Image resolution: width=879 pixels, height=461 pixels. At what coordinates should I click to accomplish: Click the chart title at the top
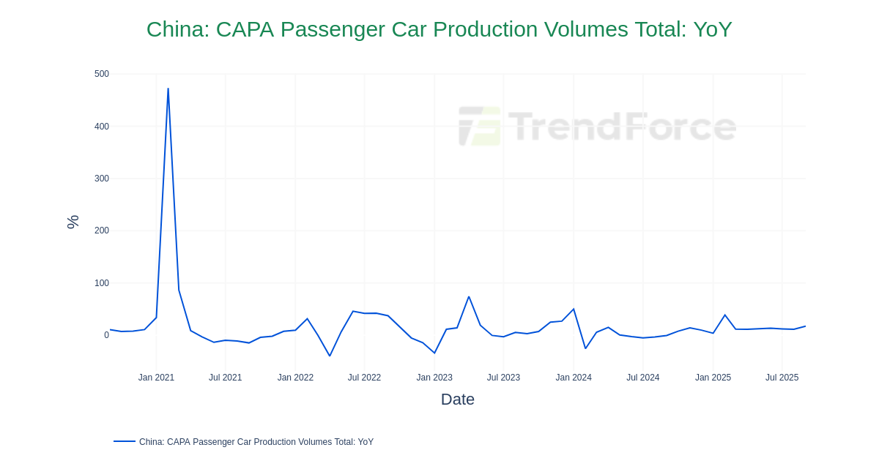(x=439, y=29)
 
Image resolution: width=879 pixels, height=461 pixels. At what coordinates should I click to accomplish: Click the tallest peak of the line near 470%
(x=168, y=89)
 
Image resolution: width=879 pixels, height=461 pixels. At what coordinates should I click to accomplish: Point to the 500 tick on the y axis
(x=101, y=74)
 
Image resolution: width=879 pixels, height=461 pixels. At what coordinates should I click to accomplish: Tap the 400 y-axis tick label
(x=101, y=127)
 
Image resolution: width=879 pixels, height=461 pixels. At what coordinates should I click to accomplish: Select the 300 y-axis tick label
(x=101, y=179)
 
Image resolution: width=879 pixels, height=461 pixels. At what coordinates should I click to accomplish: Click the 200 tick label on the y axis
(x=101, y=230)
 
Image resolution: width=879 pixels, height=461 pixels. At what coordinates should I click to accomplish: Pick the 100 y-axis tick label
(x=101, y=283)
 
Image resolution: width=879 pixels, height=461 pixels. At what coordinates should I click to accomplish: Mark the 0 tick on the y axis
(x=106, y=335)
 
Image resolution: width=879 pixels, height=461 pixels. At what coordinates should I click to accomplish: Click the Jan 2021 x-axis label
(x=156, y=378)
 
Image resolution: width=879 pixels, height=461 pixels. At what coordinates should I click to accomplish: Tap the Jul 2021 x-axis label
(x=225, y=378)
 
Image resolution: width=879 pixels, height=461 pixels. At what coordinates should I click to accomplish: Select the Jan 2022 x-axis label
(x=295, y=378)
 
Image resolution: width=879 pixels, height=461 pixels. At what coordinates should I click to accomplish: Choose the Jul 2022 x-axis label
(x=364, y=378)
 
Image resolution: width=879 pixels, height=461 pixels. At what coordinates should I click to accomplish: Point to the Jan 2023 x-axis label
(x=434, y=378)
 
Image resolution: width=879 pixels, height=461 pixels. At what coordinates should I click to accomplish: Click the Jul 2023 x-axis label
(x=503, y=378)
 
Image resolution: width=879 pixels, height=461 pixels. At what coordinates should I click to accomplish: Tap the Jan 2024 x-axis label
(x=574, y=378)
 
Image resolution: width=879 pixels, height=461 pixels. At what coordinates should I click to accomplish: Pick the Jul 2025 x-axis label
(x=782, y=378)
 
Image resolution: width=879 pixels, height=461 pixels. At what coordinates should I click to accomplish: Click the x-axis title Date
(x=457, y=400)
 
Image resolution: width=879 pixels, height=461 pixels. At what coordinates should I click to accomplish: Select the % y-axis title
(x=73, y=222)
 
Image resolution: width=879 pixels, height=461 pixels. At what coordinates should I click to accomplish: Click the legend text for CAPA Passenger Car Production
(x=256, y=442)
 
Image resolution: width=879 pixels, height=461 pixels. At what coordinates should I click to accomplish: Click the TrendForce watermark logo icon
(x=480, y=127)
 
